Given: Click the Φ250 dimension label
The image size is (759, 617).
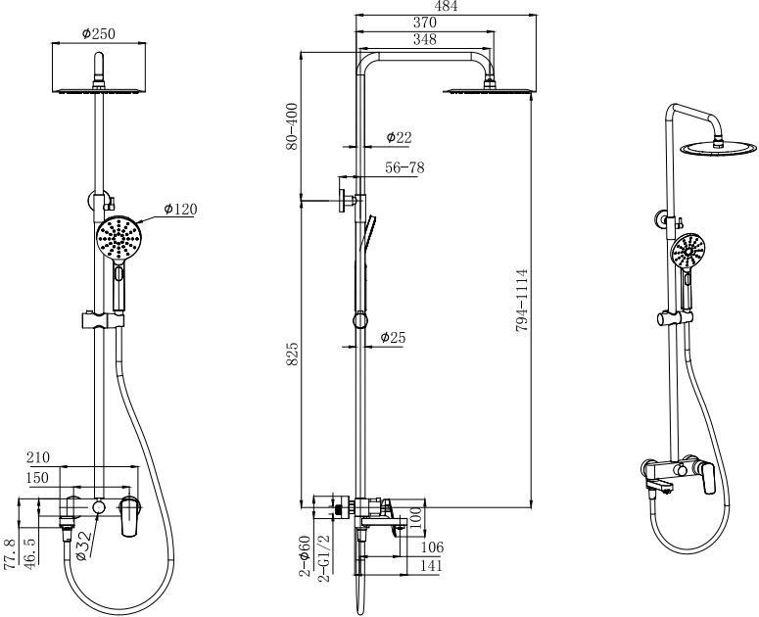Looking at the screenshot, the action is pyautogui.click(x=99, y=34).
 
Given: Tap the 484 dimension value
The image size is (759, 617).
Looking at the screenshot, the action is pyautogui.click(x=446, y=6).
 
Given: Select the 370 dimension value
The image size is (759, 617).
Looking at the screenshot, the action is pyautogui.click(x=424, y=23).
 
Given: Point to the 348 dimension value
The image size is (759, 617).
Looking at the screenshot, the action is pyautogui.click(x=424, y=39).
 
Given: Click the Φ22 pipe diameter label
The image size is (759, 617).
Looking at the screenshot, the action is pyautogui.click(x=399, y=137).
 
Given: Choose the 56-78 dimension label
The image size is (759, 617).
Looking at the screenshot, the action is pyautogui.click(x=404, y=167).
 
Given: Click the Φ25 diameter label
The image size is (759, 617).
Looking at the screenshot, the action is pyautogui.click(x=393, y=337).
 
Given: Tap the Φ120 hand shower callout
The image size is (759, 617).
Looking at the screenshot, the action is pyautogui.click(x=180, y=209).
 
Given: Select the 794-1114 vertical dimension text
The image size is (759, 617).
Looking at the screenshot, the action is pyautogui.click(x=521, y=300).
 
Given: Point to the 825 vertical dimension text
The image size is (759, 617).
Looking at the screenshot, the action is pyautogui.click(x=292, y=354).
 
